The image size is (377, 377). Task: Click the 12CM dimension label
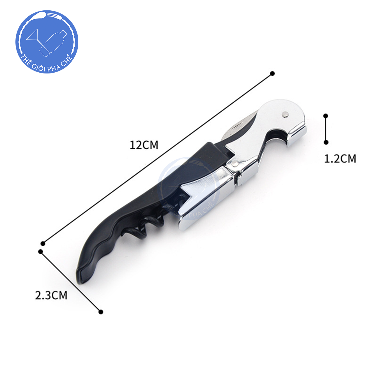(144, 145)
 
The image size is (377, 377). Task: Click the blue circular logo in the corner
(47, 42)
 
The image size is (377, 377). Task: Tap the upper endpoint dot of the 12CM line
(272, 73)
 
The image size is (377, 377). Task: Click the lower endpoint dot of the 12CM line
(43, 243)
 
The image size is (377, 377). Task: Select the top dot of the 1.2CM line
(326, 116)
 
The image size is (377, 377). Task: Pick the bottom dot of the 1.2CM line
(326, 142)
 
